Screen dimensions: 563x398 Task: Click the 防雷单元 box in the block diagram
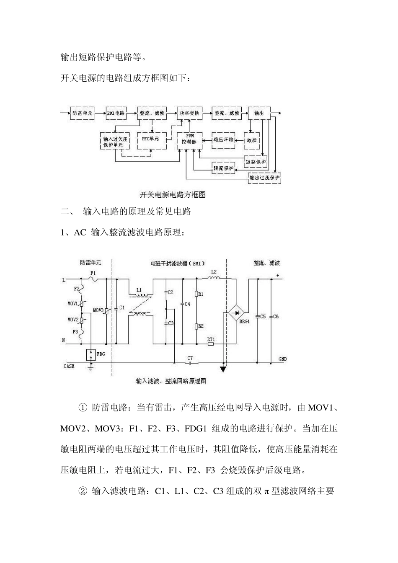(82, 113)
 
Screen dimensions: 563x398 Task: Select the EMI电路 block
(116, 113)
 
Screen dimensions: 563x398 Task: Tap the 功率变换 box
(189, 113)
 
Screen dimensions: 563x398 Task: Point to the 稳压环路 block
(223, 139)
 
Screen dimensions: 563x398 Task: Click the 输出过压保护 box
(264, 178)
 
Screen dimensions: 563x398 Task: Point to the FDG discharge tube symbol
(90, 354)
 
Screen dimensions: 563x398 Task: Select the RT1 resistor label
(211, 338)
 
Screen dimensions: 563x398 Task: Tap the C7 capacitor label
(190, 358)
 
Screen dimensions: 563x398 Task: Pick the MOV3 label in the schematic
(98, 310)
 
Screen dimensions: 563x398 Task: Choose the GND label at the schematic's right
(283, 359)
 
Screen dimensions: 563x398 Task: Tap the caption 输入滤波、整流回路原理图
(171, 381)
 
